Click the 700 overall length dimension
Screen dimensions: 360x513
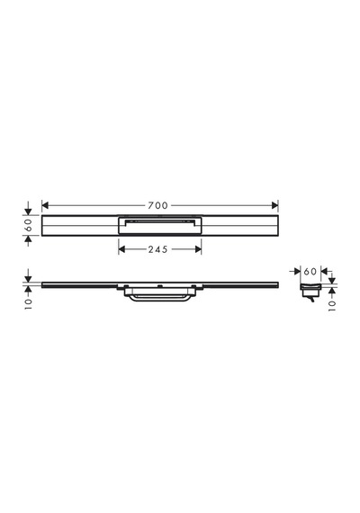157,205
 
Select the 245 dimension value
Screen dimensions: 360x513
157,249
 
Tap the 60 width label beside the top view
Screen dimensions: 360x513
29,225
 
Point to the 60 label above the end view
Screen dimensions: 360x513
310,271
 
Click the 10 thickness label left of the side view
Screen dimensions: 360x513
29,304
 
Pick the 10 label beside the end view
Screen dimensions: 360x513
332,306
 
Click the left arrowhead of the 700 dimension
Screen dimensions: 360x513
45,205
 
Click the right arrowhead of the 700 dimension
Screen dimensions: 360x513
274,205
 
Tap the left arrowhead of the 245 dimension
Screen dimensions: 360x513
121,249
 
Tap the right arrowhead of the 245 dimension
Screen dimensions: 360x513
198,249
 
